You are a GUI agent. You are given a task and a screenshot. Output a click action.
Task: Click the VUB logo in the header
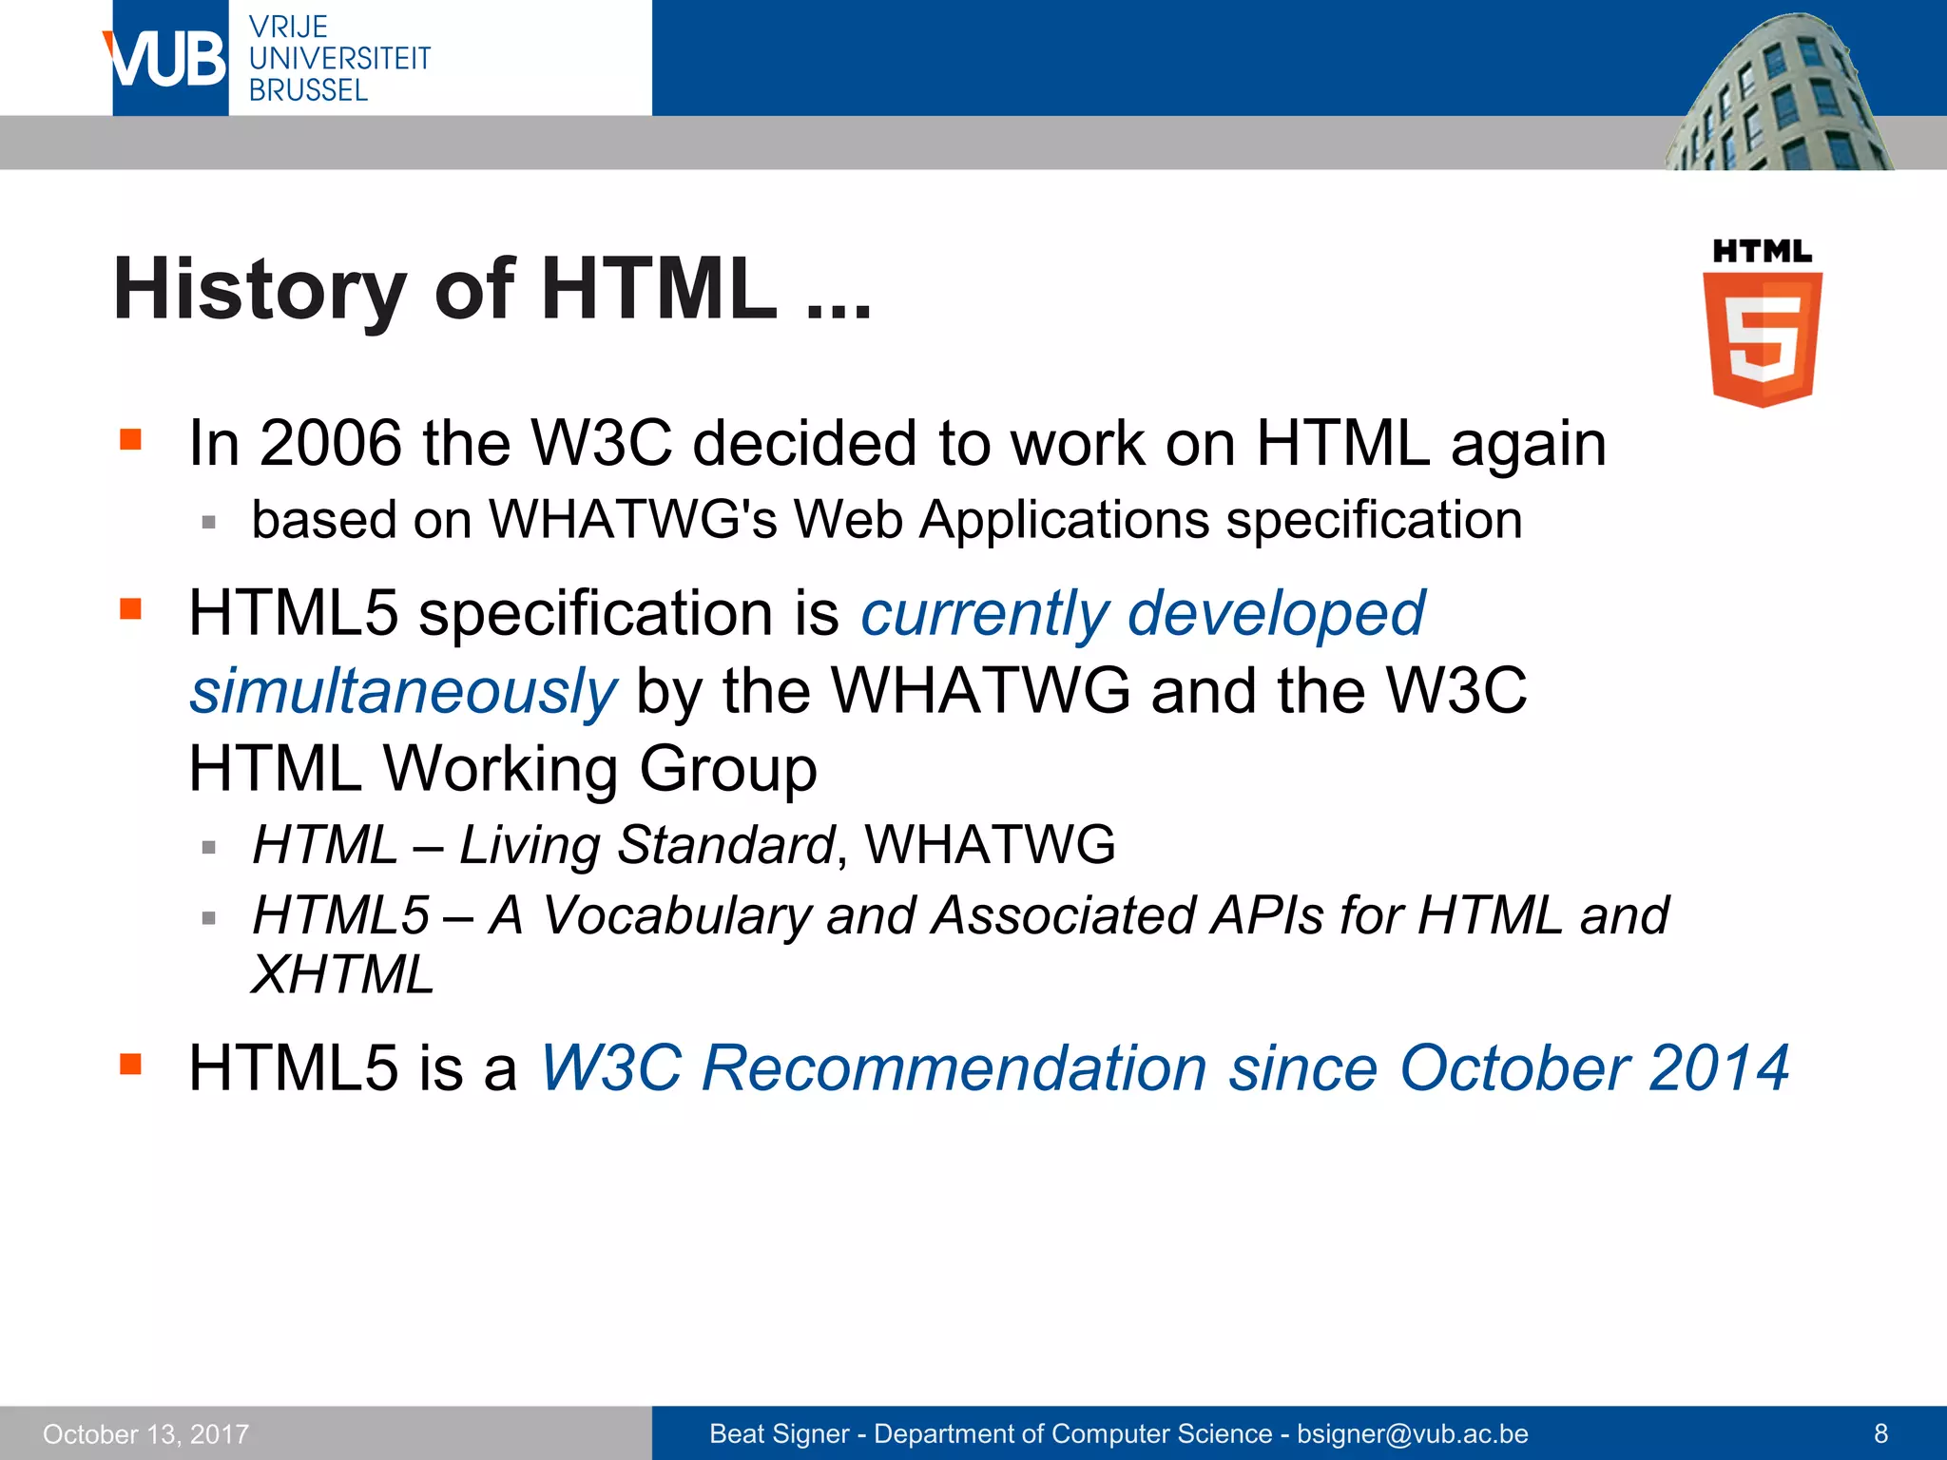pos(167,59)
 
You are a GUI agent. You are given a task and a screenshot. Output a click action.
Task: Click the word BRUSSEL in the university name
pos(308,90)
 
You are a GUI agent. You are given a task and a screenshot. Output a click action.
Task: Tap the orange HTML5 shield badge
pos(1763,337)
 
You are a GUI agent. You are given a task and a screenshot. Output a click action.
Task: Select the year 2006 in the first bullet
pos(331,443)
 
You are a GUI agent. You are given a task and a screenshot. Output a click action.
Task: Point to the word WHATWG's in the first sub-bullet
pos(633,520)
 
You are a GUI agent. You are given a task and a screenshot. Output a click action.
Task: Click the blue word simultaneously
pos(403,691)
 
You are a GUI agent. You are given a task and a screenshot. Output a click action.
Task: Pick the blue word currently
pos(984,613)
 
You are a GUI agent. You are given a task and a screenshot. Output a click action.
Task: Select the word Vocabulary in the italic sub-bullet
pos(676,915)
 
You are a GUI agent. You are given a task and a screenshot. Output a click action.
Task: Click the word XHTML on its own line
pos(342,974)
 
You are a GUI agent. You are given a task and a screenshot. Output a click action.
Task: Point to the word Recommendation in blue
pos(954,1067)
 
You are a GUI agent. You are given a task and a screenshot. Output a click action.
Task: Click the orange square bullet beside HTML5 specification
pos(131,608)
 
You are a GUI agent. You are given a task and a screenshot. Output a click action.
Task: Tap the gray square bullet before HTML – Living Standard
pos(209,847)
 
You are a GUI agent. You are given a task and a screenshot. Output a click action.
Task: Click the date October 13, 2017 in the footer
pos(145,1433)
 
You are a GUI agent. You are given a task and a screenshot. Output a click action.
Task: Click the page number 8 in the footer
pos(1880,1433)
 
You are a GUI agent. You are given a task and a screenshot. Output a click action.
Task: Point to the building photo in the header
pos(1778,95)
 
